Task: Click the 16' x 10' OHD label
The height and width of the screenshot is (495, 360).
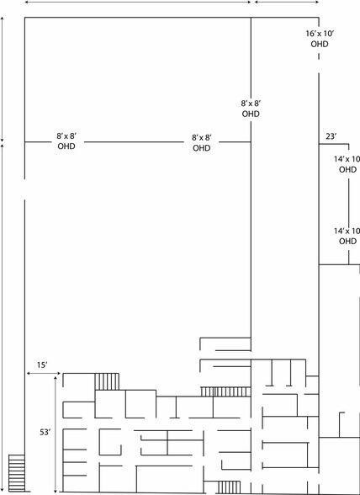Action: tap(320, 39)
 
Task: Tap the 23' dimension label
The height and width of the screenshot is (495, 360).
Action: tap(331, 136)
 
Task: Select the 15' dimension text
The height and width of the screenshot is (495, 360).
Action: tap(42, 365)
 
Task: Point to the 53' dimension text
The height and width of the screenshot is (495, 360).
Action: tap(45, 432)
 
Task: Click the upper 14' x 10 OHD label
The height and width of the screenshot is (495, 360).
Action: tap(347, 164)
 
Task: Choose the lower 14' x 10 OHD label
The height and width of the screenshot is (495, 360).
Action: tap(347, 236)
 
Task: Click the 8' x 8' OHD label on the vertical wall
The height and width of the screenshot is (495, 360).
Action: tap(251, 109)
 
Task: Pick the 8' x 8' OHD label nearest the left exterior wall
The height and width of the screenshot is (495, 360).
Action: tap(66, 141)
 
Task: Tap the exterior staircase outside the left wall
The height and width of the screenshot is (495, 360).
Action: tap(17, 473)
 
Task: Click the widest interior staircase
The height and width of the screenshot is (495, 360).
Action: tap(226, 391)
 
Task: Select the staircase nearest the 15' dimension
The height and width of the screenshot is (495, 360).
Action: tap(107, 381)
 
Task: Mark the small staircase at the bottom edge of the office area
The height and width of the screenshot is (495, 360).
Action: tap(230, 487)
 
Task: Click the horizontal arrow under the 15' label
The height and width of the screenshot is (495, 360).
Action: tap(43, 374)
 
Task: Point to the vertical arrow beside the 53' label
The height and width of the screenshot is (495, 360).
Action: tap(56, 434)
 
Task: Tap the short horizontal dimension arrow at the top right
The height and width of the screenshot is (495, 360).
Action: tap(287, 3)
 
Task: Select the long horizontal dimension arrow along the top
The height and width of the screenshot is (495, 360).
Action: tap(138, 3)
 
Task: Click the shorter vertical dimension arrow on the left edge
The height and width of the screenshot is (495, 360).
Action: tap(3, 79)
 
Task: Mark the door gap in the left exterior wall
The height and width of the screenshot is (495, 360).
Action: tap(24, 189)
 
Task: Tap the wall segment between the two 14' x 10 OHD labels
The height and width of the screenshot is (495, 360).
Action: tap(348, 200)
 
